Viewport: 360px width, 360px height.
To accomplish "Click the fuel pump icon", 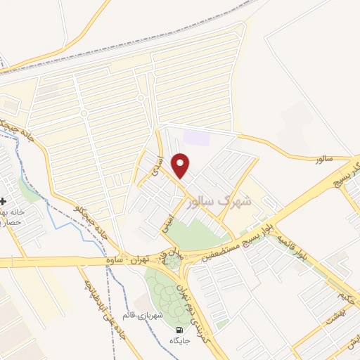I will coord(181,330).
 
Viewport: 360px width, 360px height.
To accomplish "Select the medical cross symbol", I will coord(4,201).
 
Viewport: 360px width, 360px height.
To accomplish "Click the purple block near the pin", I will coord(198,136).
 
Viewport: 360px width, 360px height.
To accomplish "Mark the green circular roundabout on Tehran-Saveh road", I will coord(171,262).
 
